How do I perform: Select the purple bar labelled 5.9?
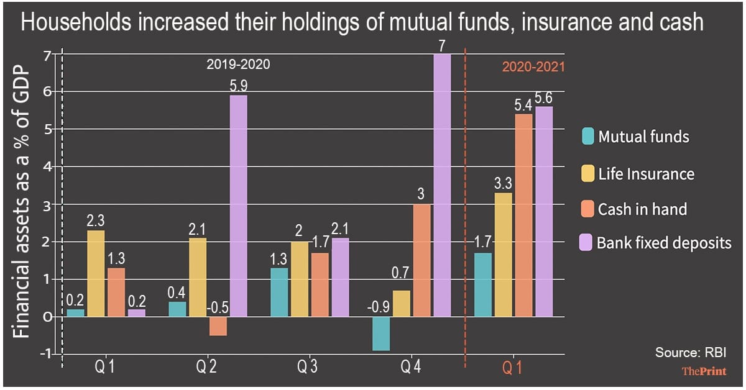(238, 206)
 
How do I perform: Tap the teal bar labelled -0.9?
(381, 333)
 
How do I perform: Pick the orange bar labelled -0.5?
(218, 326)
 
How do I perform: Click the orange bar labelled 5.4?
(523, 215)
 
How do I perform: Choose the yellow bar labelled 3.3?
(503, 255)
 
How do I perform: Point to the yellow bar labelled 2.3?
(96, 273)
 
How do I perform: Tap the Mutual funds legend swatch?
(587, 136)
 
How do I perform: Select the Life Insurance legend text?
(646, 173)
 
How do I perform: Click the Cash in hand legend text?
(642, 209)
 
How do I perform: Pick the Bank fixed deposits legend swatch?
(587, 243)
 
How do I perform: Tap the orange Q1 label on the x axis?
(512, 368)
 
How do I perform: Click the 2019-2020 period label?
(239, 64)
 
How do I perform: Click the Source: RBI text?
(689, 353)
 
